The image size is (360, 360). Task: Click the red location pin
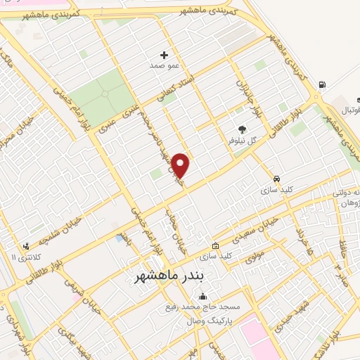tap(181, 165)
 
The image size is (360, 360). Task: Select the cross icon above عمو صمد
tap(165, 54)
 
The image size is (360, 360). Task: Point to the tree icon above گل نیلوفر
tap(243, 129)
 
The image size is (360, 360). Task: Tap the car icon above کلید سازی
tap(277, 179)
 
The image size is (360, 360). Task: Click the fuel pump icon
tap(322, 85)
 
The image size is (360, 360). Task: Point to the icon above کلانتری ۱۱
tap(26, 246)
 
